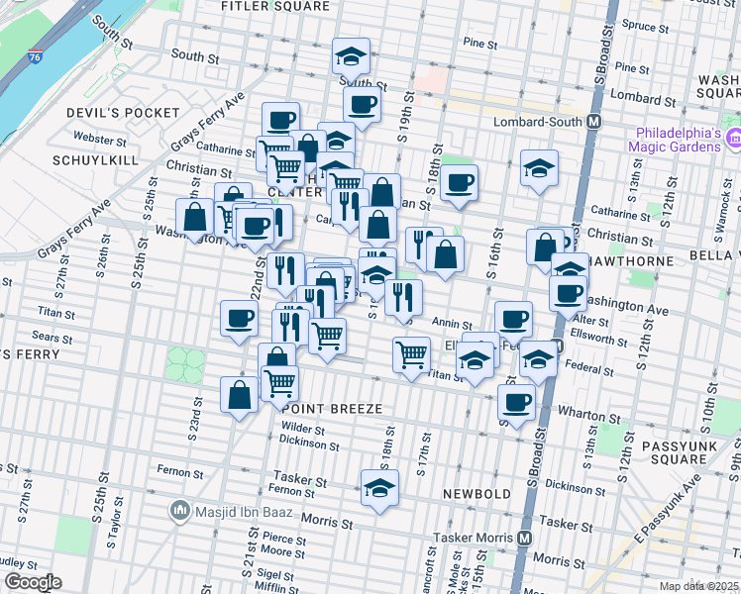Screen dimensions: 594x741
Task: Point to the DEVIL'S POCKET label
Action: (106, 113)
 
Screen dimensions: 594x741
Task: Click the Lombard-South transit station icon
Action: (594, 121)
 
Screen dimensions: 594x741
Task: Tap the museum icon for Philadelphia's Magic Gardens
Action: (735, 140)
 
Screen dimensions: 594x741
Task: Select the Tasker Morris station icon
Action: (525, 538)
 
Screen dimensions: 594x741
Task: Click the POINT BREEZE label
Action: (332, 408)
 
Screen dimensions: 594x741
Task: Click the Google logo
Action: (32, 582)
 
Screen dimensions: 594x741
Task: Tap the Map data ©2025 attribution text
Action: (698, 585)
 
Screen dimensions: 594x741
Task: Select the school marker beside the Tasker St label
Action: (378, 489)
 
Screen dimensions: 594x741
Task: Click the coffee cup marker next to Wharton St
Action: (515, 401)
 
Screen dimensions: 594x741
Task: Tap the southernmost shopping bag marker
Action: (239, 395)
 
